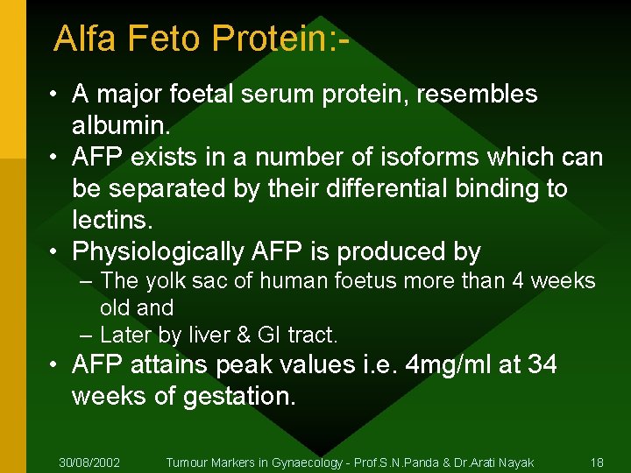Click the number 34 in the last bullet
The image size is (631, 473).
coord(542,364)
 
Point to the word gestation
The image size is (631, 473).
coord(239,396)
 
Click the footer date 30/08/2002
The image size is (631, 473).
coord(89,462)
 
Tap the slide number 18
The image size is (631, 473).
coord(597,462)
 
